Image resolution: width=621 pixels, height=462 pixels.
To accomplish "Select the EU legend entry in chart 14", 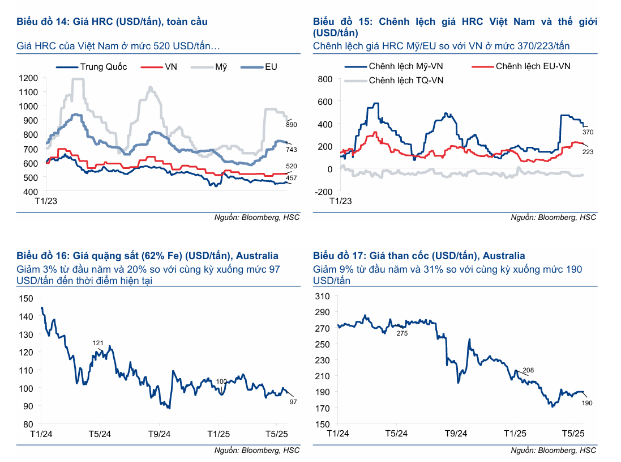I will [271, 67].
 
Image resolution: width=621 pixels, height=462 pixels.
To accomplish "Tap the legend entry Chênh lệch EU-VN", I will [533, 66].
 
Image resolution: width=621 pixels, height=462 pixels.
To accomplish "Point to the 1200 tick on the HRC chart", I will [29, 78].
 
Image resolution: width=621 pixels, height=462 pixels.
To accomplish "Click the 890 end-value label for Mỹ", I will [292, 124].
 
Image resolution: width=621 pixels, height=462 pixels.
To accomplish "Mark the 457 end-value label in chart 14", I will [292, 179].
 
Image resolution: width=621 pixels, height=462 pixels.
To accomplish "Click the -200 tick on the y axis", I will [324, 192].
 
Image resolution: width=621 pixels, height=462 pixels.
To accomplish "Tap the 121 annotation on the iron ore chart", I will [98, 344].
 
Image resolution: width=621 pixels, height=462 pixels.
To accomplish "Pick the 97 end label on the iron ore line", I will [293, 402].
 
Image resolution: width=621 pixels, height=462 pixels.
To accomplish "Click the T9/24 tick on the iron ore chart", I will [159, 434].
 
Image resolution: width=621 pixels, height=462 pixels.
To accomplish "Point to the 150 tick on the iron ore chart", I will [26, 298].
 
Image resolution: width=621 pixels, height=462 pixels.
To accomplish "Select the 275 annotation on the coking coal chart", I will [402, 333].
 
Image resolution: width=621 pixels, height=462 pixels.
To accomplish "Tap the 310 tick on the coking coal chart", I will [322, 296].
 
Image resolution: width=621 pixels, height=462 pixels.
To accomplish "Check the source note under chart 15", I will [553, 217].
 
